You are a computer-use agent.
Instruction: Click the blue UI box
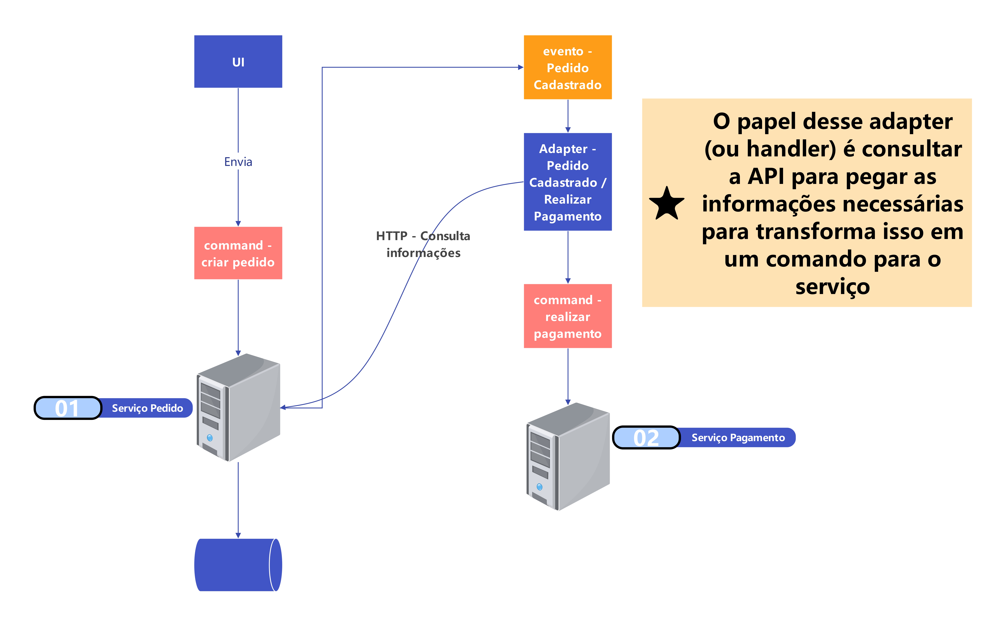point(238,61)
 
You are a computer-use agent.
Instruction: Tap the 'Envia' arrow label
point(238,162)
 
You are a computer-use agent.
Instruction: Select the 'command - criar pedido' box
point(238,253)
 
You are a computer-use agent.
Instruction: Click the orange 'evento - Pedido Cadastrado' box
point(568,67)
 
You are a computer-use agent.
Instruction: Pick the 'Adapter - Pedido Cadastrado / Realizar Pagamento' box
point(568,182)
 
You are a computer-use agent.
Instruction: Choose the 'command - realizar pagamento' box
point(568,316)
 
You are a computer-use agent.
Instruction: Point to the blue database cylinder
point(238,565)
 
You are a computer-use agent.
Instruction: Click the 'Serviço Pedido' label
point(147,408)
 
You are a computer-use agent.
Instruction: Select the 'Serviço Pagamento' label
point(738,438)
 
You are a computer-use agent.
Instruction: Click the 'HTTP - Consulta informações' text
point(423,244)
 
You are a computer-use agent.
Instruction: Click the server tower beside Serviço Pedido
point(238,407)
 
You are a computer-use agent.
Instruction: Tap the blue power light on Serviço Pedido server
point(210,438)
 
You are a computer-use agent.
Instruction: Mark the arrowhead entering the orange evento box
point(521,67)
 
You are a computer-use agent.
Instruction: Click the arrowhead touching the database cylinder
point(238,535)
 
